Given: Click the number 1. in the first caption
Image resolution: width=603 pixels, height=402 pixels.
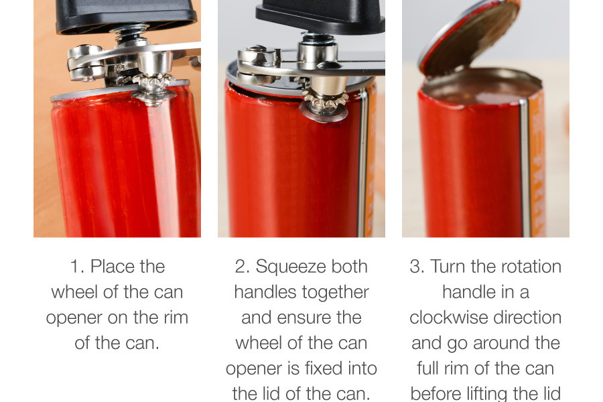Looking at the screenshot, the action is [77, 267].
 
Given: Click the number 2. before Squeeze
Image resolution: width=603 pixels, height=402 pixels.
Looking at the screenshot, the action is [243, 267].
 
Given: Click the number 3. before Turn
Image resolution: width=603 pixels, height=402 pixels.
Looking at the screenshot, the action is [417, 267].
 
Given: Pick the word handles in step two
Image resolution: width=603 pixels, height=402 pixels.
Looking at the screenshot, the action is [259, 292].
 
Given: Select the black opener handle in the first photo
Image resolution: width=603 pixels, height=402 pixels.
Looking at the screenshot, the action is [126, 15].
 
